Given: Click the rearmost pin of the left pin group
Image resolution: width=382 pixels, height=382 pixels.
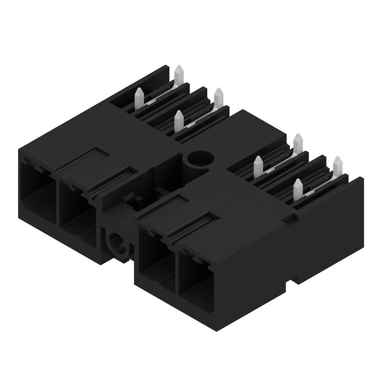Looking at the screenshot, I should [180, 74].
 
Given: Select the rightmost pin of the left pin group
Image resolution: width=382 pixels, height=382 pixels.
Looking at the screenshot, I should [219, 97].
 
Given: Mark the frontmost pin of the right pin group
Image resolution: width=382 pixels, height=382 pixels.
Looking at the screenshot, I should [298, 189].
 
